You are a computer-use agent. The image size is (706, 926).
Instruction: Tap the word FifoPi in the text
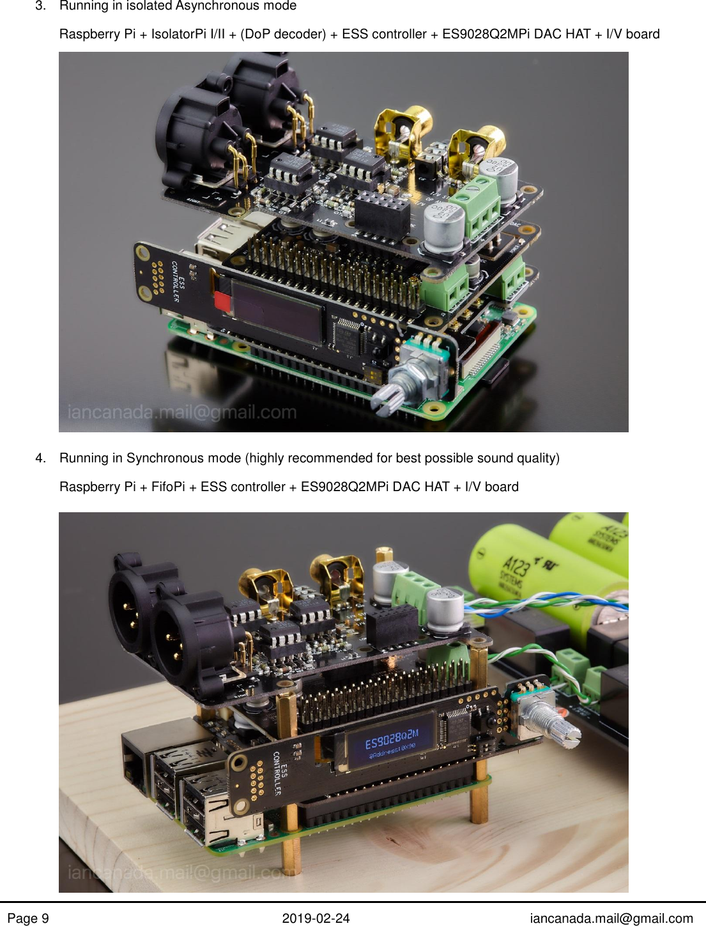click(x=168, y=487)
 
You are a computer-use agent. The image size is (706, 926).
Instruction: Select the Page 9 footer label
click(x=28, y=918)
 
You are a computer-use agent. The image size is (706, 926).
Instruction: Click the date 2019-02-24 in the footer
click(x=316, y=918)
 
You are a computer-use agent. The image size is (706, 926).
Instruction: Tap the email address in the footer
click(x=611, y=918)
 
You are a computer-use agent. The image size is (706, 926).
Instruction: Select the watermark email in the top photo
click(x=182, y=412)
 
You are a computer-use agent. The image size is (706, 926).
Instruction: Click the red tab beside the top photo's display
click(x=223, y=301)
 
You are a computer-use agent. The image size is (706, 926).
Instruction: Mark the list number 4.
click(x=40, y=458)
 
